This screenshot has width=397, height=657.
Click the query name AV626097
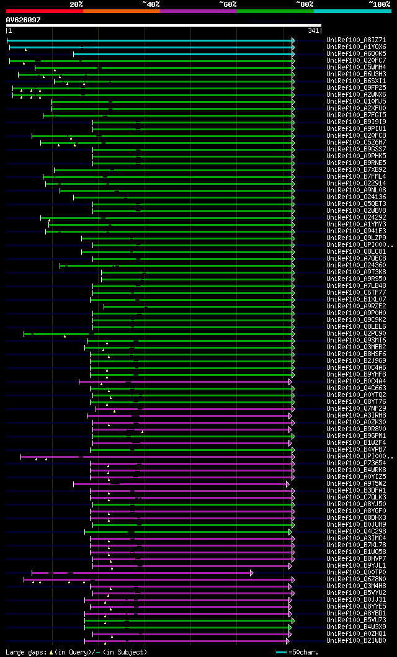[24, 20]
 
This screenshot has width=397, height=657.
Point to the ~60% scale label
[228, 4]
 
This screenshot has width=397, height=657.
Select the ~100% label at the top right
[379, 4]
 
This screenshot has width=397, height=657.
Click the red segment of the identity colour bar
[44, 11]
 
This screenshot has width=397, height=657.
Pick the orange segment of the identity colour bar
[121, 11]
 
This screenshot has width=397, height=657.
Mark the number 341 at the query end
[313, 30]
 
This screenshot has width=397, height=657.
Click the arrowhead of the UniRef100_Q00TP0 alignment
[252, 573]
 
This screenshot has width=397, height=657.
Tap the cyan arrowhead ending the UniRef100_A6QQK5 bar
[293, 54]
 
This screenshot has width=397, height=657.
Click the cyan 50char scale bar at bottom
[281, 652]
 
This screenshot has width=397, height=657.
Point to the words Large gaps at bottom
[25, 652]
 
